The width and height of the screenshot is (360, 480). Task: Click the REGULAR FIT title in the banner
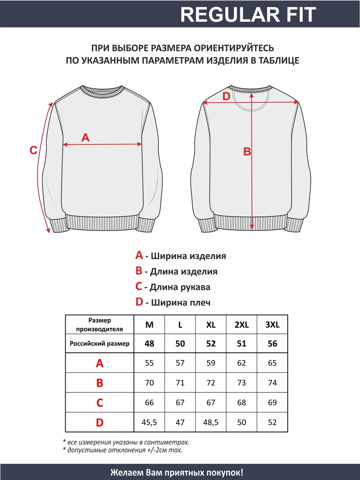[248, 15]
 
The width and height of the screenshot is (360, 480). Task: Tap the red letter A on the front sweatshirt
[85, 138]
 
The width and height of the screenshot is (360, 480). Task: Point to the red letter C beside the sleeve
[34, 151]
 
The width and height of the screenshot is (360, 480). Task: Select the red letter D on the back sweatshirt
[226, 96]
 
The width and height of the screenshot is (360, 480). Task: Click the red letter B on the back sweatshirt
[247, 152]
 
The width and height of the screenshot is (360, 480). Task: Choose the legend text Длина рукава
[177, 287]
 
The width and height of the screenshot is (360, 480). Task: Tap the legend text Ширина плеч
[178, 302]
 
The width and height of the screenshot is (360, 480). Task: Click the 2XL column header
[242, 325]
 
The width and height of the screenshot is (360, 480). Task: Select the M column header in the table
[149, 325]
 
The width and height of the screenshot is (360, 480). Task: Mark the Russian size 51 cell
[242, 344]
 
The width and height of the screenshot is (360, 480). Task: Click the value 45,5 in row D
[149, 422]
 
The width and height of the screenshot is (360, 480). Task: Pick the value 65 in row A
[272, 363]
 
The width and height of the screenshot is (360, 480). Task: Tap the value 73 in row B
[242, 383]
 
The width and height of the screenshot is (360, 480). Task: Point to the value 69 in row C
[272, 402]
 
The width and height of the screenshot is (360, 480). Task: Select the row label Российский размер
[100, 344]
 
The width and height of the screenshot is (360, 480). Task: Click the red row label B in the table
[100, 383]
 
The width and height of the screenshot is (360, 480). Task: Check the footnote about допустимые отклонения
[122, 450]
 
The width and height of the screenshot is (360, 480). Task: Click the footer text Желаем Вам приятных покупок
[176, 472]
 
